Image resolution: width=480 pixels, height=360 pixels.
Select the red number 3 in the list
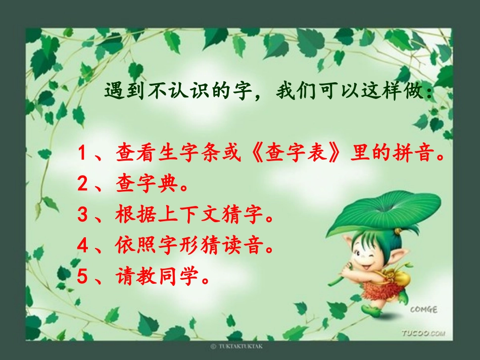pyautogui.click(x=83, y=216)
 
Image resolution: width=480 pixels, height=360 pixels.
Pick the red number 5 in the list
pyautogui.click(x=83, y=276)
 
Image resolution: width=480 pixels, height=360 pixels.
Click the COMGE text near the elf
pyautogui.click(x=424, y=310)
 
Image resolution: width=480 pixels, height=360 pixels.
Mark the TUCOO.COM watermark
pyautogui.click(x=423, y=333)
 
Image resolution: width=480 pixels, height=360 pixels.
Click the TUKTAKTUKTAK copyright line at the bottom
pyautogui.click(x=236, y=347)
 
